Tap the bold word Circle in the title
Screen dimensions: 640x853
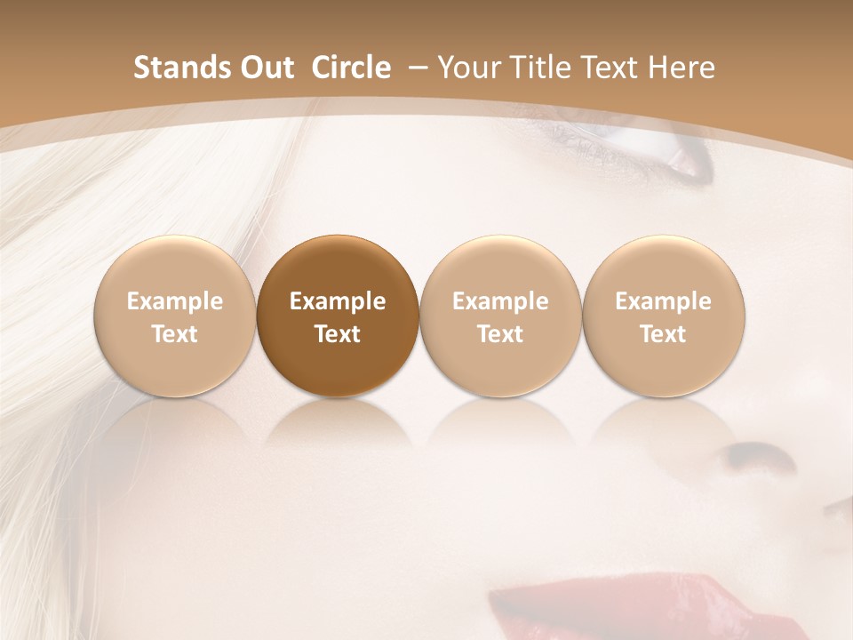[x=351, y=68]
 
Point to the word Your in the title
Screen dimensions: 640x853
[x=468, y=68]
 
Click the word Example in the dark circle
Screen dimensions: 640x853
[x=338, y=301]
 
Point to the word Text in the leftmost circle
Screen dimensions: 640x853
[x=174, y=334]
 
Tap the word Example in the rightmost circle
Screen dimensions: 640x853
[x=663, y=301]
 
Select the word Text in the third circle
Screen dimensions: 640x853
[x=500, y=334]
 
